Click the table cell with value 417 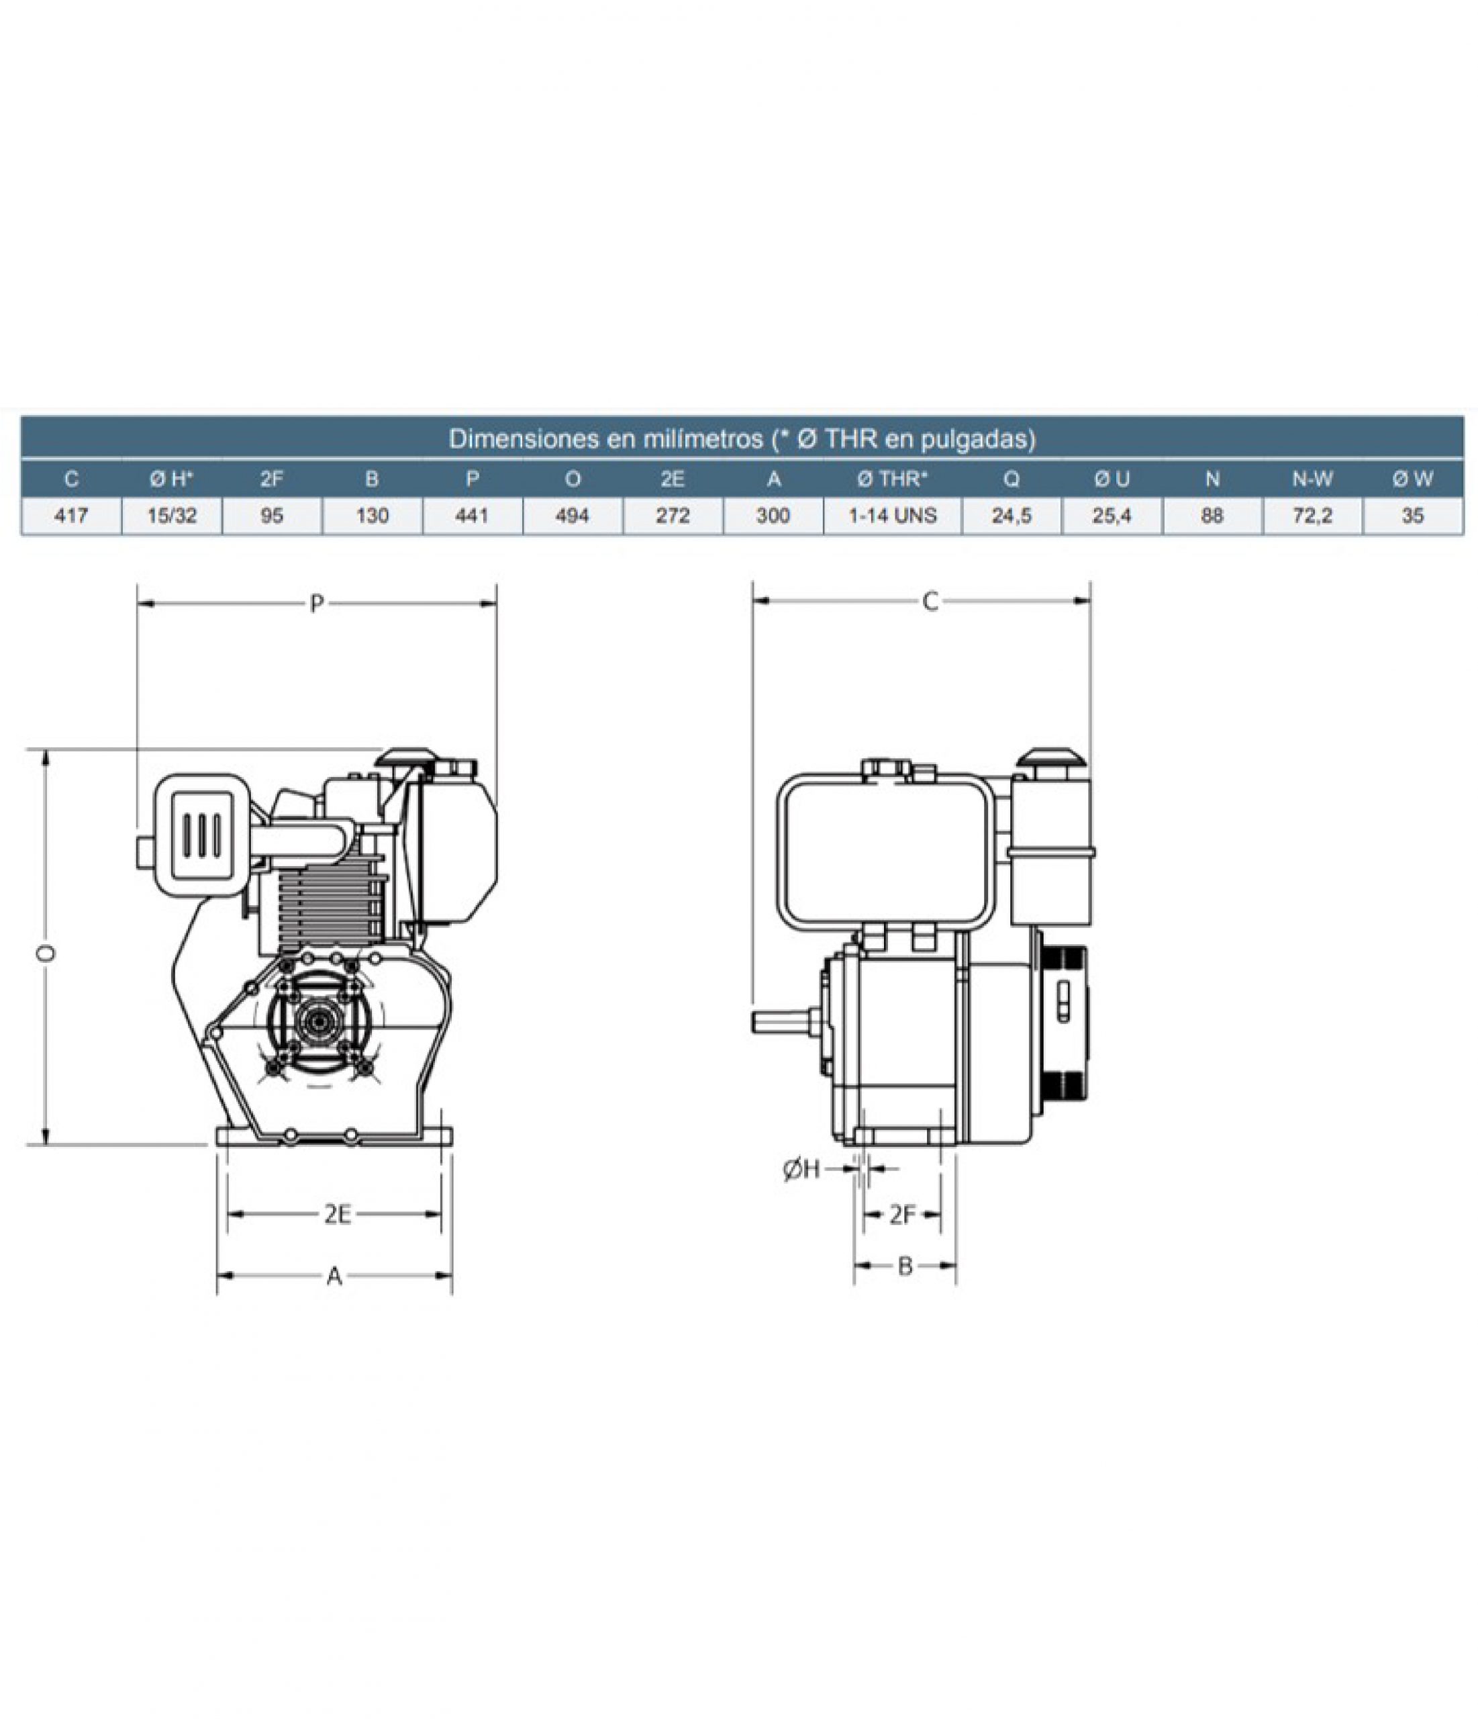click(x=71, y=516)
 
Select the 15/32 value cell click(x=172, y=516)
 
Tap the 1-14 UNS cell click(x=893, y=516)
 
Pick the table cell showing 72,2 click(x=1312, y=516)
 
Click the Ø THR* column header click(x=893, y=479)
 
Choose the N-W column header click(x=1312, y=479)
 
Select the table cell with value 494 click(x=573, y=516)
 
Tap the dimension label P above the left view click(x=316, y=604)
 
